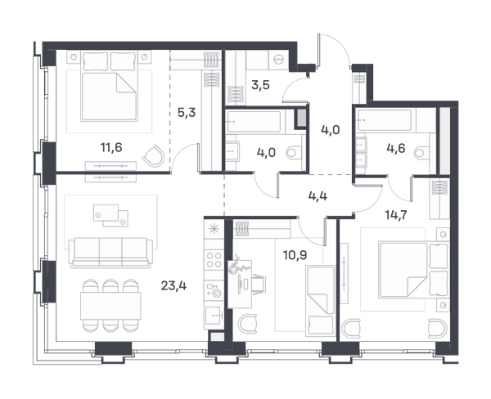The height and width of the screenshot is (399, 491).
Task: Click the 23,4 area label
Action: click(173, 285)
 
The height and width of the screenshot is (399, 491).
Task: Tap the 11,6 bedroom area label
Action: click(111, 147)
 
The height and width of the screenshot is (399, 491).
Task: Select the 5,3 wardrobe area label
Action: click(187, 112)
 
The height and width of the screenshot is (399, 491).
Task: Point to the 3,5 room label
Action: click(260, 85)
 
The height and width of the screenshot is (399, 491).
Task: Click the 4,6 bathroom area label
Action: click(396, 148)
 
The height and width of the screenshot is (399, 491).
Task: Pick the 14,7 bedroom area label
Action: click(396, 215)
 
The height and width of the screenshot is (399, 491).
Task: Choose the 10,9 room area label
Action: click(295, 255)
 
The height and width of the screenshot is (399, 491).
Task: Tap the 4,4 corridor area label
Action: click(318, 196)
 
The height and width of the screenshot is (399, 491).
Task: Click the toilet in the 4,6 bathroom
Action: click(421, 153)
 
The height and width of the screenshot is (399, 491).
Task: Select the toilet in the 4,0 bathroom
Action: click(295, 153)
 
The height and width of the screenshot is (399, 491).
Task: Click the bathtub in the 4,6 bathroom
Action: click(385, 120)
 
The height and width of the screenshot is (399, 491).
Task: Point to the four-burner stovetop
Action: click(214, 260)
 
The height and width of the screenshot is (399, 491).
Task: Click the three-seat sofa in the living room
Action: click(110, 253)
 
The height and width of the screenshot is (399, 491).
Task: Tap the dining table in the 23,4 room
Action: click(110, 306)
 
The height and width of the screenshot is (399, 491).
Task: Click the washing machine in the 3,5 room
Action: click(278, 60)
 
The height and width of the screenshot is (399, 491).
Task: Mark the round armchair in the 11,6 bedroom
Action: click(154, 155)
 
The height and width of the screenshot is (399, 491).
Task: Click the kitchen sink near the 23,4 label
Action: click(214, 316)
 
